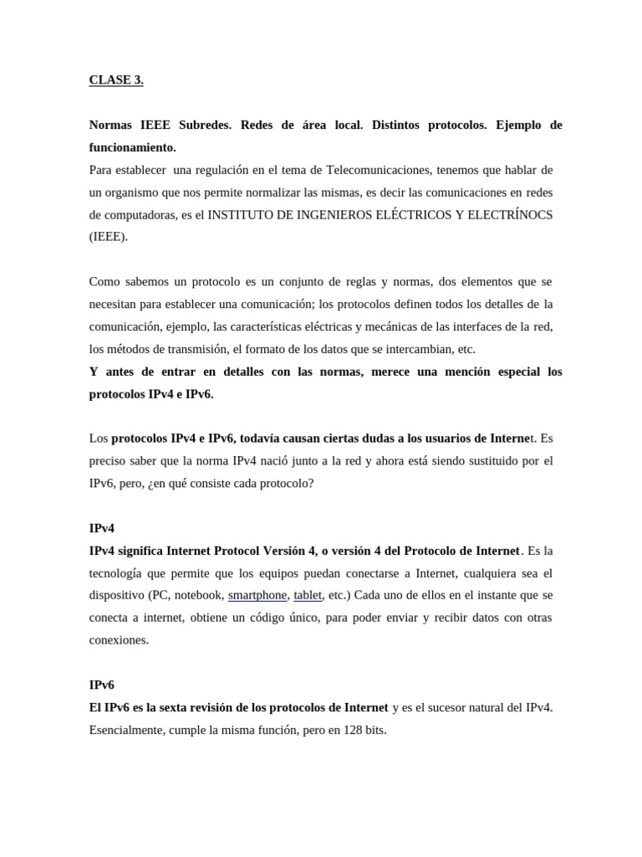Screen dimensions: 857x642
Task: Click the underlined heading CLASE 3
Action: pyautogui.click(x=116, y=80)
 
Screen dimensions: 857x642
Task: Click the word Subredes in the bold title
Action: pyautogui.click(x=206, y=126)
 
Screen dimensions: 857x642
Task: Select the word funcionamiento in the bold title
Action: pyautogui.click(x=132, y=147)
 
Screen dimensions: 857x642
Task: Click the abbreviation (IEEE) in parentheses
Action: pyautogui.click(x=109, y=236)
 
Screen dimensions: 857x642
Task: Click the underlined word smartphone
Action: pyautogui.click(x=257, y=595)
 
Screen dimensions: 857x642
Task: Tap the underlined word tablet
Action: pyautogui.click(x=308, y=595)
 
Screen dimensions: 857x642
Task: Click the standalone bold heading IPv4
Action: pyautogui.click(x=101, y=529)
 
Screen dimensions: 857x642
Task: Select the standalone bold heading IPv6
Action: pyautogui.click(x=101, y=685)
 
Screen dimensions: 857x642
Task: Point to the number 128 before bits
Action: pyautogui.click(x=354, y=729)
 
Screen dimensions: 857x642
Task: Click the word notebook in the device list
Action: pyautogui.click(x=198, y=595)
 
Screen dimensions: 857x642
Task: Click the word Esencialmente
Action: pyautogui.click(x=125, y=729)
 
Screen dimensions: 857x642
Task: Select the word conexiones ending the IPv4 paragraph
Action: pyautogui.click(x=119, y=639)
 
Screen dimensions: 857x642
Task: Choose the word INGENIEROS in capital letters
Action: pyautogui.click(x=320, y=214)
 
